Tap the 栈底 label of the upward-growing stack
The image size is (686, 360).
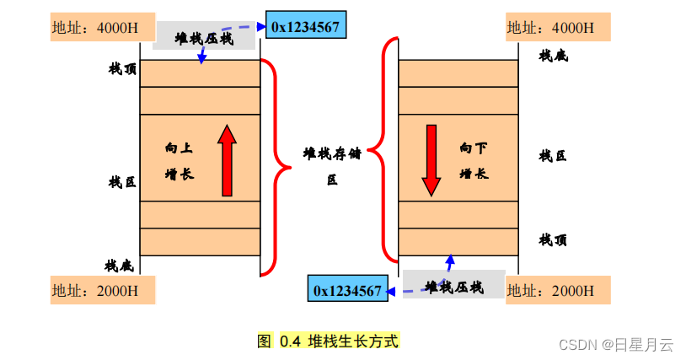[x=119, y=266]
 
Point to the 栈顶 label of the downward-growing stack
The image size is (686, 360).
[x=553, y=240]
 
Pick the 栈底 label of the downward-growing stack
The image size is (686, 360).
[x=553, y=56]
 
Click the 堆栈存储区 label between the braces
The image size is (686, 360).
[x=331, y=165]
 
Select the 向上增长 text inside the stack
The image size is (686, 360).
[x=179, y=160]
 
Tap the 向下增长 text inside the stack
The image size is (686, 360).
[x=474, y=160]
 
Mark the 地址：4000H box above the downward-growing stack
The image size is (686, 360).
[x=557, y=27]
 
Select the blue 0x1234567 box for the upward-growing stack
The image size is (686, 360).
[x=305, y=27]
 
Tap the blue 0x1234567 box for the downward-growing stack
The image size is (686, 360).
[x=347, y=290]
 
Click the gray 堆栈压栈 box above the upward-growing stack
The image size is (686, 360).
[x=204, y=38]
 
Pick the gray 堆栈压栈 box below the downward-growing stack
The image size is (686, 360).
[x=454, y=287]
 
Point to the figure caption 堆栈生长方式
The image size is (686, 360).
[x=329, y=341]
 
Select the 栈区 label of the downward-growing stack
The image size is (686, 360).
[x=553, y=155]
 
